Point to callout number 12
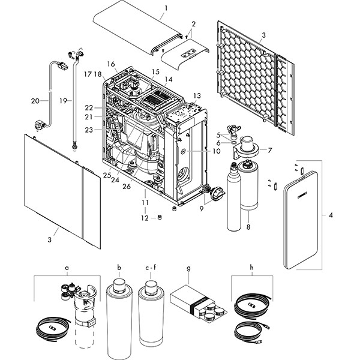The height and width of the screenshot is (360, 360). pyautogui.click(x=144, y=218)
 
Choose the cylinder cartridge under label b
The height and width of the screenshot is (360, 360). pyautogui.click(x=118, y=319)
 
